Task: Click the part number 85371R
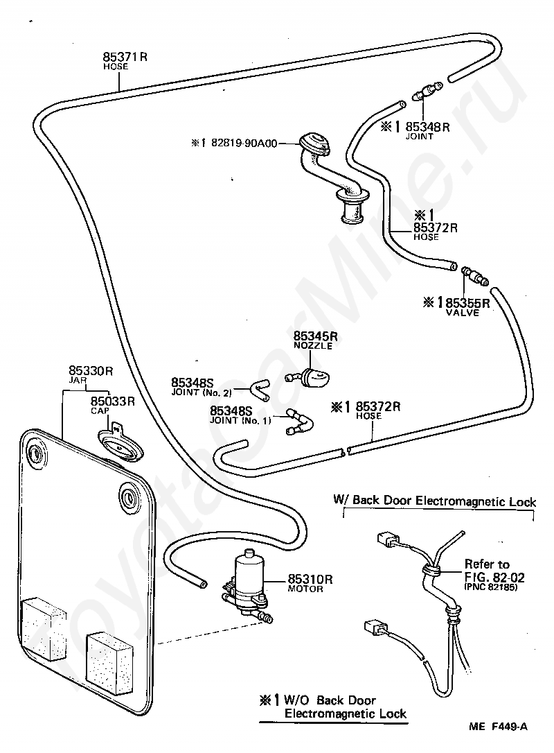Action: coord(125,57)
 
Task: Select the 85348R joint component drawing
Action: coord(427,91)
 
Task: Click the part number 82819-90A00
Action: coord(244,143)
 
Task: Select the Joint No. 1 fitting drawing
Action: coord(299,422)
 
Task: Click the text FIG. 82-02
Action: coord(494,577)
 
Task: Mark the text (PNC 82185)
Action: coord(491,587)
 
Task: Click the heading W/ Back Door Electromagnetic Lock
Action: coord(435,501)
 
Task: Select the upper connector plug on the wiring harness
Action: coord(386,540)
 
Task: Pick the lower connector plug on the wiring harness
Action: coord(374,627)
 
